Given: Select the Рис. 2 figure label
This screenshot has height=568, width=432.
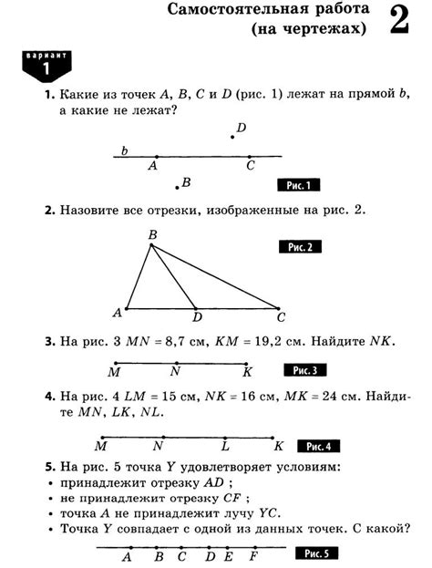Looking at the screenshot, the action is coord(300,247).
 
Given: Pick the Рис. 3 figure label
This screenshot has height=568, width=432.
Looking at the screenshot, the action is coord(300,370).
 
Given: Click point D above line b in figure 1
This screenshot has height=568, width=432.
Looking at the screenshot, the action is coord(233,137).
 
